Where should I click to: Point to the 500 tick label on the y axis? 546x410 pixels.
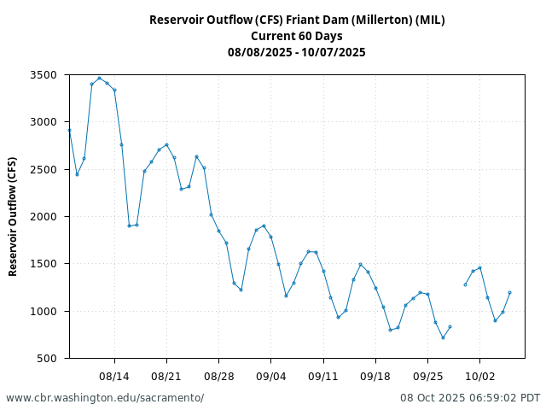[48, 358]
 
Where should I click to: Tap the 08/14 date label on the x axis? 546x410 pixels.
[114, 375]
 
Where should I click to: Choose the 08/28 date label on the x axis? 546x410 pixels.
[218, 375]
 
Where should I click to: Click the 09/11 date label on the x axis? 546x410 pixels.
[323, 375]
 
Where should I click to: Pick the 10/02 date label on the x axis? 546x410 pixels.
[479, 375]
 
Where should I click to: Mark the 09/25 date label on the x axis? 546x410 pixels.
[427, 375]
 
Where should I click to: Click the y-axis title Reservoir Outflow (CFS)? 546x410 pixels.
[13, 216]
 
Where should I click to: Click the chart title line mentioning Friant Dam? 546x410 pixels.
[297, 20]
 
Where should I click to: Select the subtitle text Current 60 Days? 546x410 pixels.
[297, 36]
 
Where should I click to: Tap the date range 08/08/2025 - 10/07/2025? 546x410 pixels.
[297, 52]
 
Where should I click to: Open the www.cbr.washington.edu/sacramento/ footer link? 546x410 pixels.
[105, 398]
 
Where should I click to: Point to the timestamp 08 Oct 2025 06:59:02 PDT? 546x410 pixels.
[470, 398]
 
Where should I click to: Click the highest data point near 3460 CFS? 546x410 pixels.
[99, 78]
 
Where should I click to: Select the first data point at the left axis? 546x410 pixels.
[69, 130]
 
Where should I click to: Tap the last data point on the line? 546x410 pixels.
[509, 292]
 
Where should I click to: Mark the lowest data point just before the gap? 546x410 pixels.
[443, 337]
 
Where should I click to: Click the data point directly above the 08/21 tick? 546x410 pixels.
[166, 144]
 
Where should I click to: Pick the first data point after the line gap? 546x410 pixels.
[465, 284]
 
